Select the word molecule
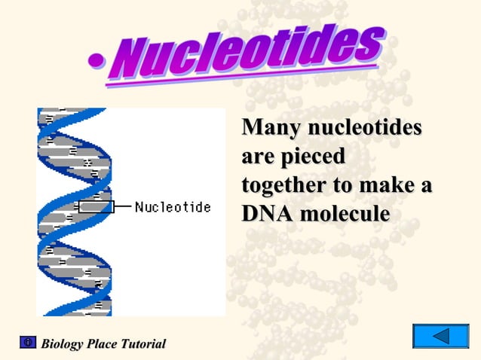pyautogui.click(x=345, y=214)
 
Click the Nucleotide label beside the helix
pyautogui.click(x=173, y=206)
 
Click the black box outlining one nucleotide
pyautogui.click(x=96, y=206)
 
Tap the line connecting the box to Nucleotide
pyautogui.click(x=123, y=206)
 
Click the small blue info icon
pyautogui.click(x=28, y=343)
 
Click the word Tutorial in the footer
pyautogui.click(x=142, y=344)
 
